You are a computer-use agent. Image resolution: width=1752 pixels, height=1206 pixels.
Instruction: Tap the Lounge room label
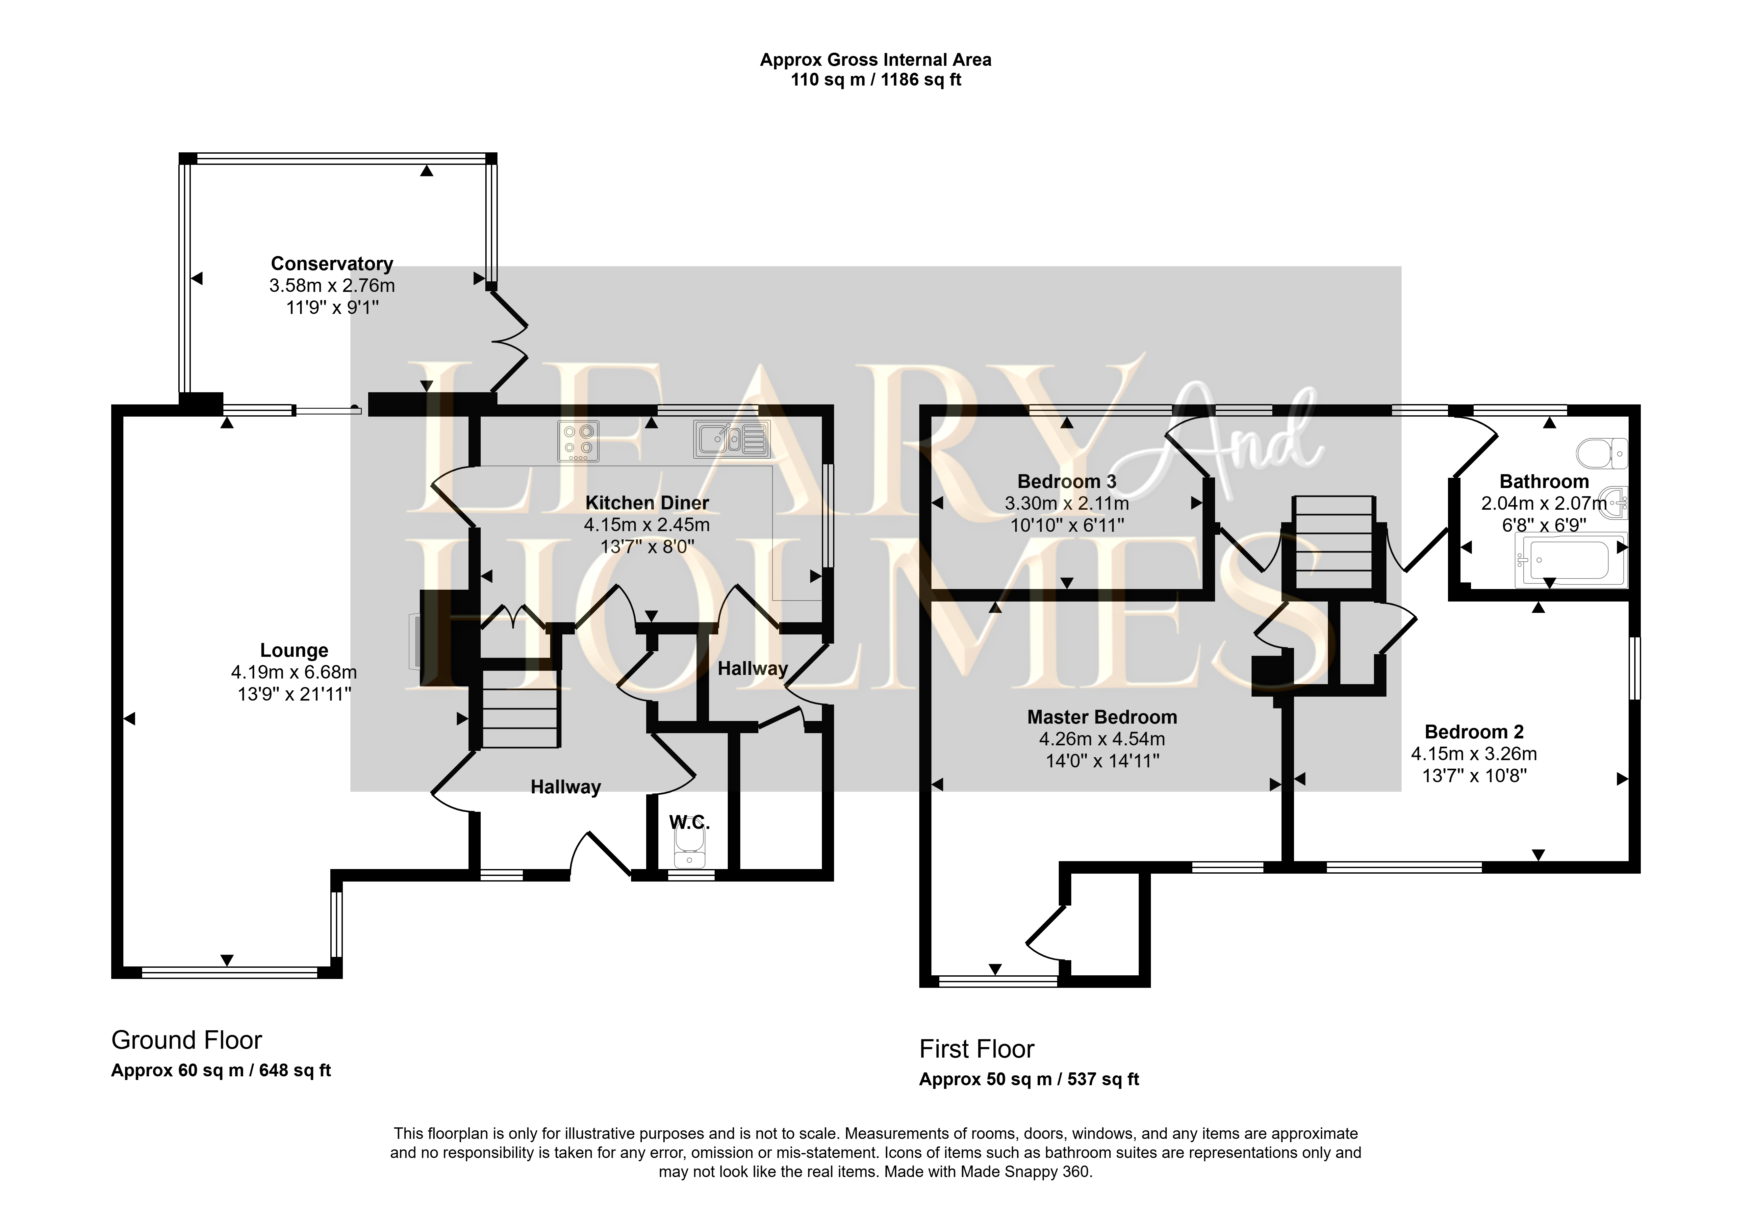[294, 651]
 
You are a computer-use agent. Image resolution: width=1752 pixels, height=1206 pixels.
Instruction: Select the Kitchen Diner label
[647, 503]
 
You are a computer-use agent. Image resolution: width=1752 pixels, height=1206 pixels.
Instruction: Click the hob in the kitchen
[579, 441]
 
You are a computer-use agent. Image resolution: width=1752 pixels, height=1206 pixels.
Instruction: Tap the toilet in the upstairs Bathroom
[1602, 453]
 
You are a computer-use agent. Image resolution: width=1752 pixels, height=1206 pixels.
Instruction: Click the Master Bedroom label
[1102, 717]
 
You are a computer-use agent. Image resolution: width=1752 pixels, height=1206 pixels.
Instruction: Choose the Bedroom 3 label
[1067, 481]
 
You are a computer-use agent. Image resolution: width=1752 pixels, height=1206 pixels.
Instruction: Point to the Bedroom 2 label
[1474, 731]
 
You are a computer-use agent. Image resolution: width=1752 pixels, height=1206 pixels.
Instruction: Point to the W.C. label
[689, 822]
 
